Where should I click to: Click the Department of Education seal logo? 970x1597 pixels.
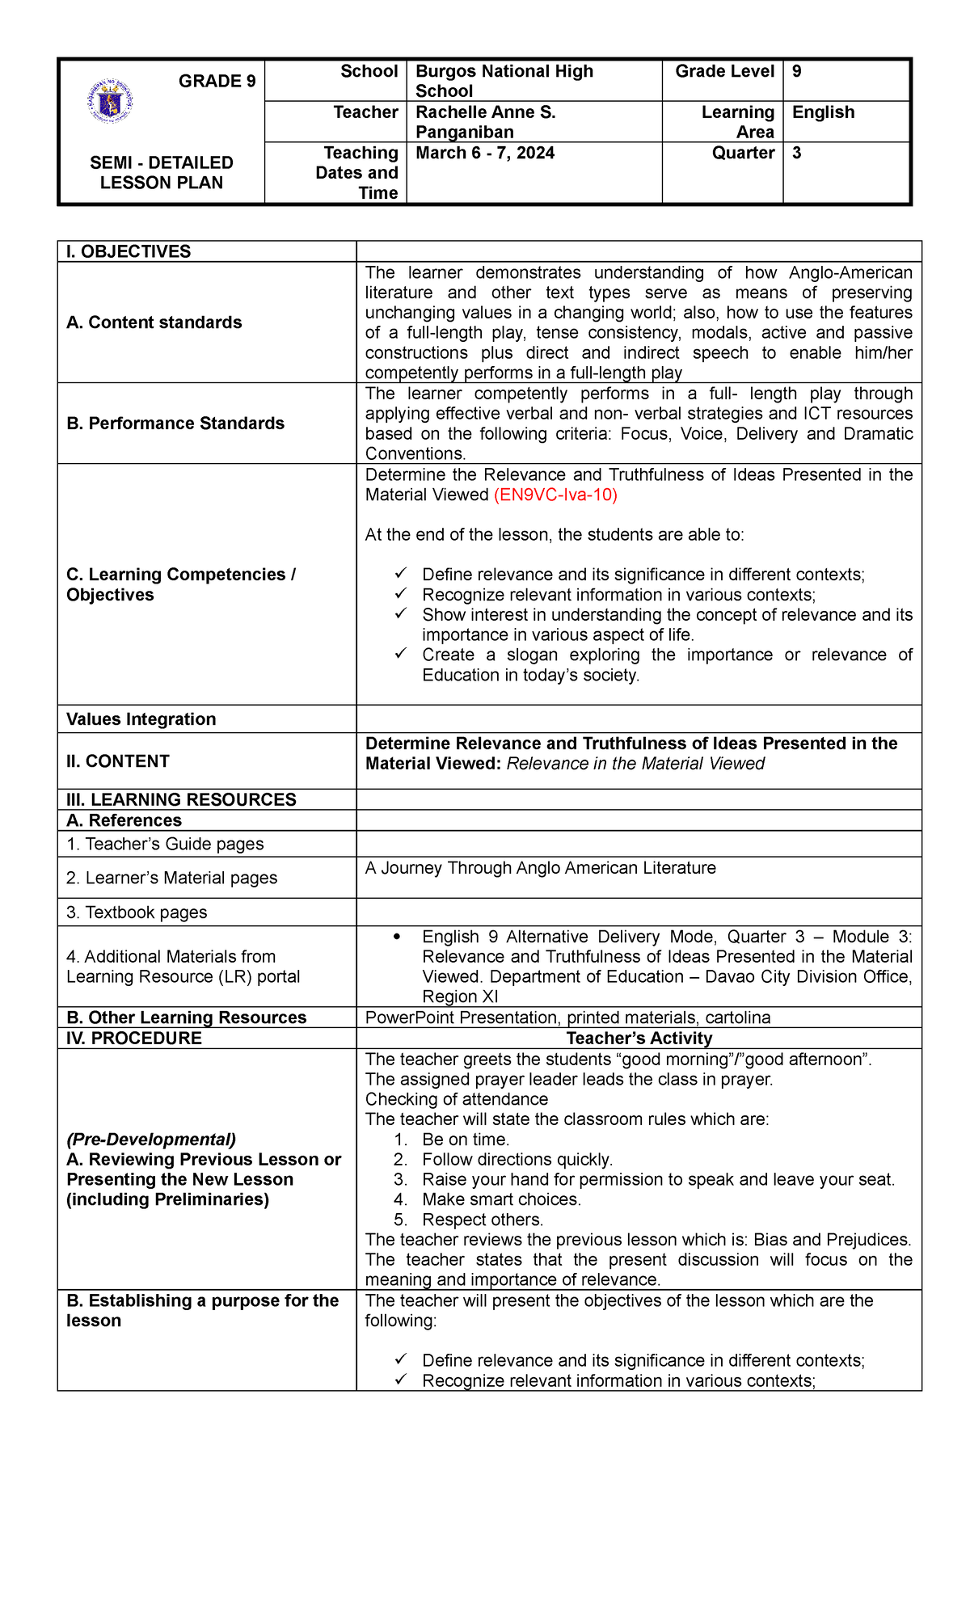109,102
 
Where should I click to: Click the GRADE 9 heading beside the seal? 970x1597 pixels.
217,81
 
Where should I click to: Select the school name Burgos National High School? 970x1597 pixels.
504,81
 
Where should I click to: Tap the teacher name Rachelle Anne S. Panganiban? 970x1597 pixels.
485,122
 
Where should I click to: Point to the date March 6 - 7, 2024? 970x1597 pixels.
485,154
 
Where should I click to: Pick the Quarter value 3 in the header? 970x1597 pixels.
797,154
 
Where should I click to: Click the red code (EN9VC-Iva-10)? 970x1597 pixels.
555,495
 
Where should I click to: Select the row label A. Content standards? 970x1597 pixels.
154,322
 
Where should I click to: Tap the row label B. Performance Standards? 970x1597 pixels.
175,423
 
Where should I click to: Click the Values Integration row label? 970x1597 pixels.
141,719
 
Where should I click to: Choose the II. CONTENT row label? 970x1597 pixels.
117,761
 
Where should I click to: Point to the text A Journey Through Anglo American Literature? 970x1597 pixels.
540,868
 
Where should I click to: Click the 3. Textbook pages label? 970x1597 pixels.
137,912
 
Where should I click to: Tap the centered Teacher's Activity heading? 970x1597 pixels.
639,1039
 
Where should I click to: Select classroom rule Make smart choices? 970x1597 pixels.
501,1199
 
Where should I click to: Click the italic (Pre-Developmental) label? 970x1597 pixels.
151,1140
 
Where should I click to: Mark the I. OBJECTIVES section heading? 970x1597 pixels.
129,251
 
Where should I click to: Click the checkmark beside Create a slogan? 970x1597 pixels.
401,654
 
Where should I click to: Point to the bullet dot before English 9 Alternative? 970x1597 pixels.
396,937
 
